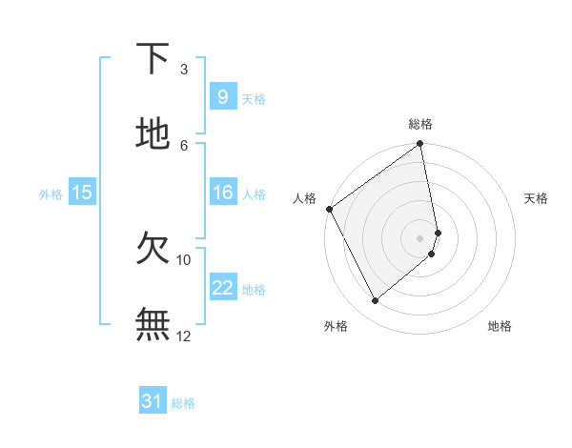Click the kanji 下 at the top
pos(153,59)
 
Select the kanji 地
pos(153,133)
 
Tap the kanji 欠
pos(153,249)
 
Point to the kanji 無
pos(153,323)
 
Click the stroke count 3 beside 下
pos(184,69)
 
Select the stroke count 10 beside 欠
pos(184,259)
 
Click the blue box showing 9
pos(222,97)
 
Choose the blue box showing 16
pos(222,193)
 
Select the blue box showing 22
pos(222,288)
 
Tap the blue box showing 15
pos(82,193)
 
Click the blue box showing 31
pos(153,401)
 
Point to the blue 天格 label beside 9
pos(254,99)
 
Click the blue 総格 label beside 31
pos(183,403)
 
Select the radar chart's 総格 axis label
pos(420,124)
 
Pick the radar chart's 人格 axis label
pos(304,198)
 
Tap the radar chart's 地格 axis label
pos(500,326)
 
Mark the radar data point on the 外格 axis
pos(375,301)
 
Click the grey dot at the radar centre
pos(420,237)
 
